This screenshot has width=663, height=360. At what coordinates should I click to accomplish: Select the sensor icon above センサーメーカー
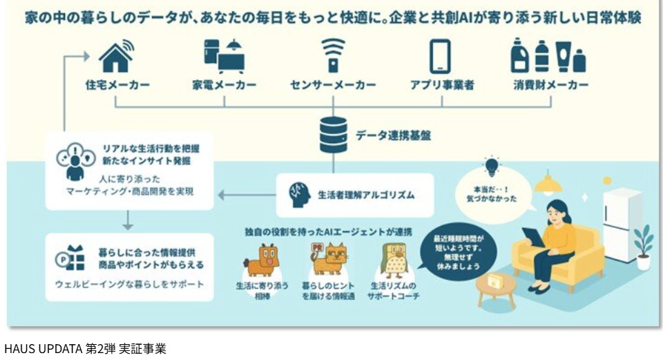333,56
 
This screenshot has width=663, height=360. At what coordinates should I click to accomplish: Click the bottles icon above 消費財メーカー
550,56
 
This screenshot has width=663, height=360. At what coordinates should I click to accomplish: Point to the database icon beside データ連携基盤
333,135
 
